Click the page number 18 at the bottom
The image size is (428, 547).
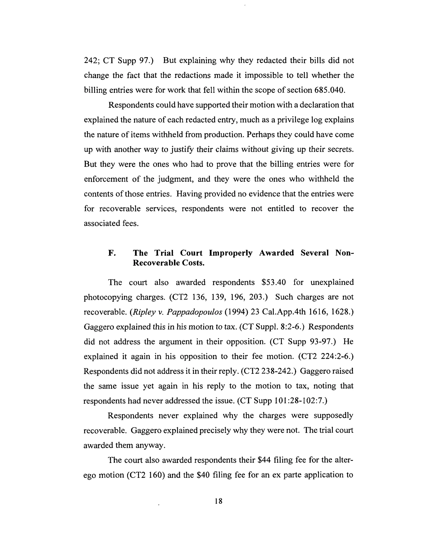pos(218,501)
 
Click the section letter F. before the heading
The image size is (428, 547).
pos(112,253)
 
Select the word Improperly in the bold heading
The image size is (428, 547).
pos(231,253)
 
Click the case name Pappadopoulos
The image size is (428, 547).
pos(194,312)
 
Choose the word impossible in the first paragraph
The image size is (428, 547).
pos(264,75)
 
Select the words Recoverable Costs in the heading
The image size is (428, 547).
pos(168,263)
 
